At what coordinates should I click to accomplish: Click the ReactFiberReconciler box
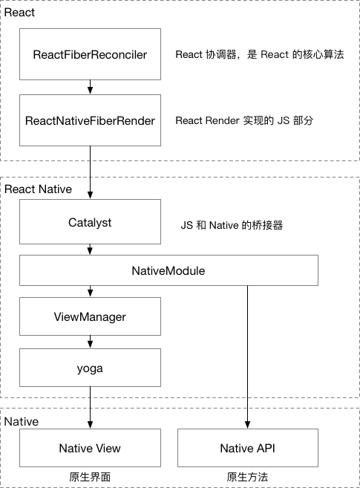tap(90, 54)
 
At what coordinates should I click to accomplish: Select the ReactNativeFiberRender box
tap(90, 120)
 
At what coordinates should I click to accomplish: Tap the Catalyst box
tap(90, 222)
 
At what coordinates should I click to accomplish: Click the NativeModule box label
tap(168, 271)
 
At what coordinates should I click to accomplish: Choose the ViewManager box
tap(90, 316)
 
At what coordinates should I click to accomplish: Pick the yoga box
tap(90, 368)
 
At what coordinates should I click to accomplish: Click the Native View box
tap(90, 448)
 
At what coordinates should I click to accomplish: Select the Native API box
tap(248, 448)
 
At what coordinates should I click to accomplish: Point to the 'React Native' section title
tap(39, 189)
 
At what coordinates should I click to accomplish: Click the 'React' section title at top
tap(19, 13)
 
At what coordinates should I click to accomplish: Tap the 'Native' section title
tap(22, 422)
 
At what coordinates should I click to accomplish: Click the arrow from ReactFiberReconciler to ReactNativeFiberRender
tap(90, 87)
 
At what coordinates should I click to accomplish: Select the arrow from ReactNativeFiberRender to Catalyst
tap(90, 172)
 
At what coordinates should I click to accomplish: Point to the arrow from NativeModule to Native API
tap(247, 357)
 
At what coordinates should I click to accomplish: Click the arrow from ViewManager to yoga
tap(90, 342)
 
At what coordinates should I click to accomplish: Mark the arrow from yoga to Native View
tap(90, 408)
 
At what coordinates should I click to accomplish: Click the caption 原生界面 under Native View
tap(90, 477)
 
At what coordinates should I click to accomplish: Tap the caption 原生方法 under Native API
tap(247, 477)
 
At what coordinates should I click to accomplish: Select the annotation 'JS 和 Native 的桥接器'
tap(232, 225)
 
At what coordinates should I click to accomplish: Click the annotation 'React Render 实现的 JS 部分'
tap(244, 120)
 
